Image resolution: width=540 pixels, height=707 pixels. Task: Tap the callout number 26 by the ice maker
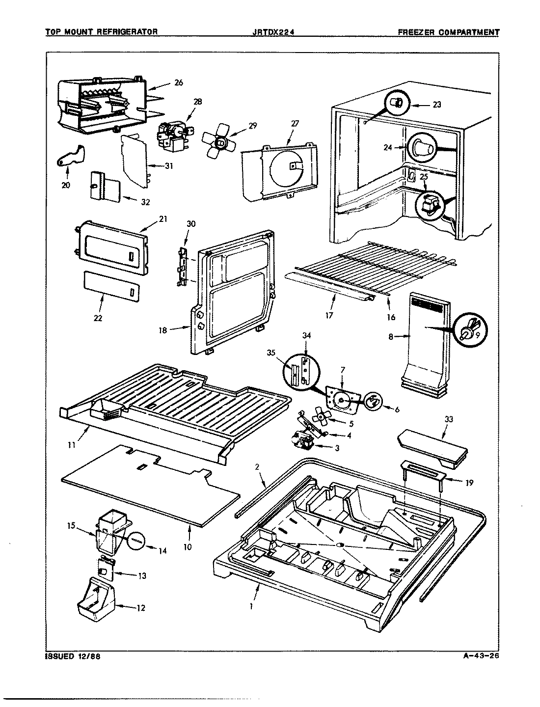coord(178,83)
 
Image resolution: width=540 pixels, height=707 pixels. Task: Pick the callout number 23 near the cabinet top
coord(436,104)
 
